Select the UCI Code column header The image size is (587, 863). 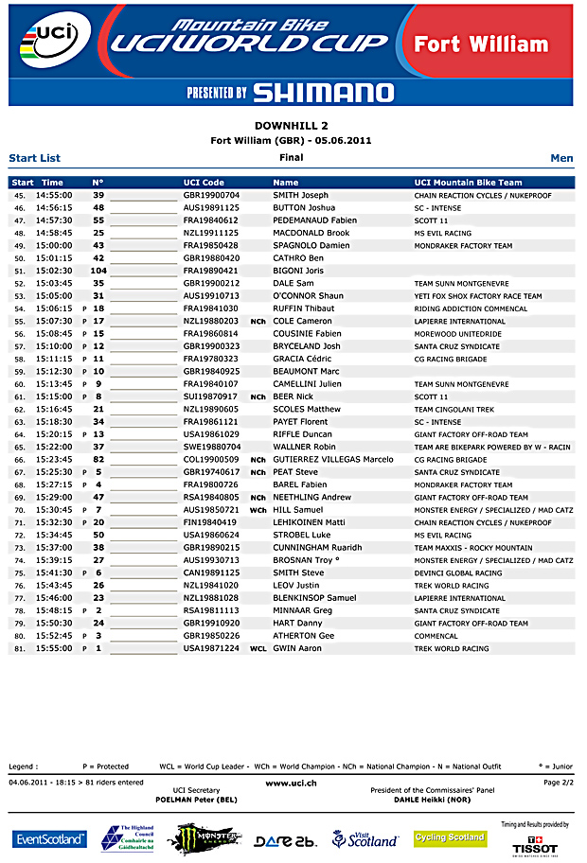click(204, 183)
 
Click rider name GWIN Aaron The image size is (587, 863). click(297, 649)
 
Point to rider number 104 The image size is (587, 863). click(98, 271)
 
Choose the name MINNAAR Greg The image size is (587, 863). click(303, 611)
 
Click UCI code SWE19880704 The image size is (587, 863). click(211, 447)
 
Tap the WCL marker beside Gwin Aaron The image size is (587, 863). click(258, 649)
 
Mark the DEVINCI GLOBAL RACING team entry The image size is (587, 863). click(458, 573)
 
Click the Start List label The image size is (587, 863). click(34, 158)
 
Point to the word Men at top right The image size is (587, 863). click(561, 158)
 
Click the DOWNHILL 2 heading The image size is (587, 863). click(292, 125)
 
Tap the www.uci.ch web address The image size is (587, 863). click(291, 784)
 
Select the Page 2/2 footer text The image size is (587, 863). click(558, 783)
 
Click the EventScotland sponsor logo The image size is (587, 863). click(49, 839)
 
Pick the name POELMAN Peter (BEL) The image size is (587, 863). click(196, 800)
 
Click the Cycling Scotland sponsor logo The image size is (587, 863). click(450, 838)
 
